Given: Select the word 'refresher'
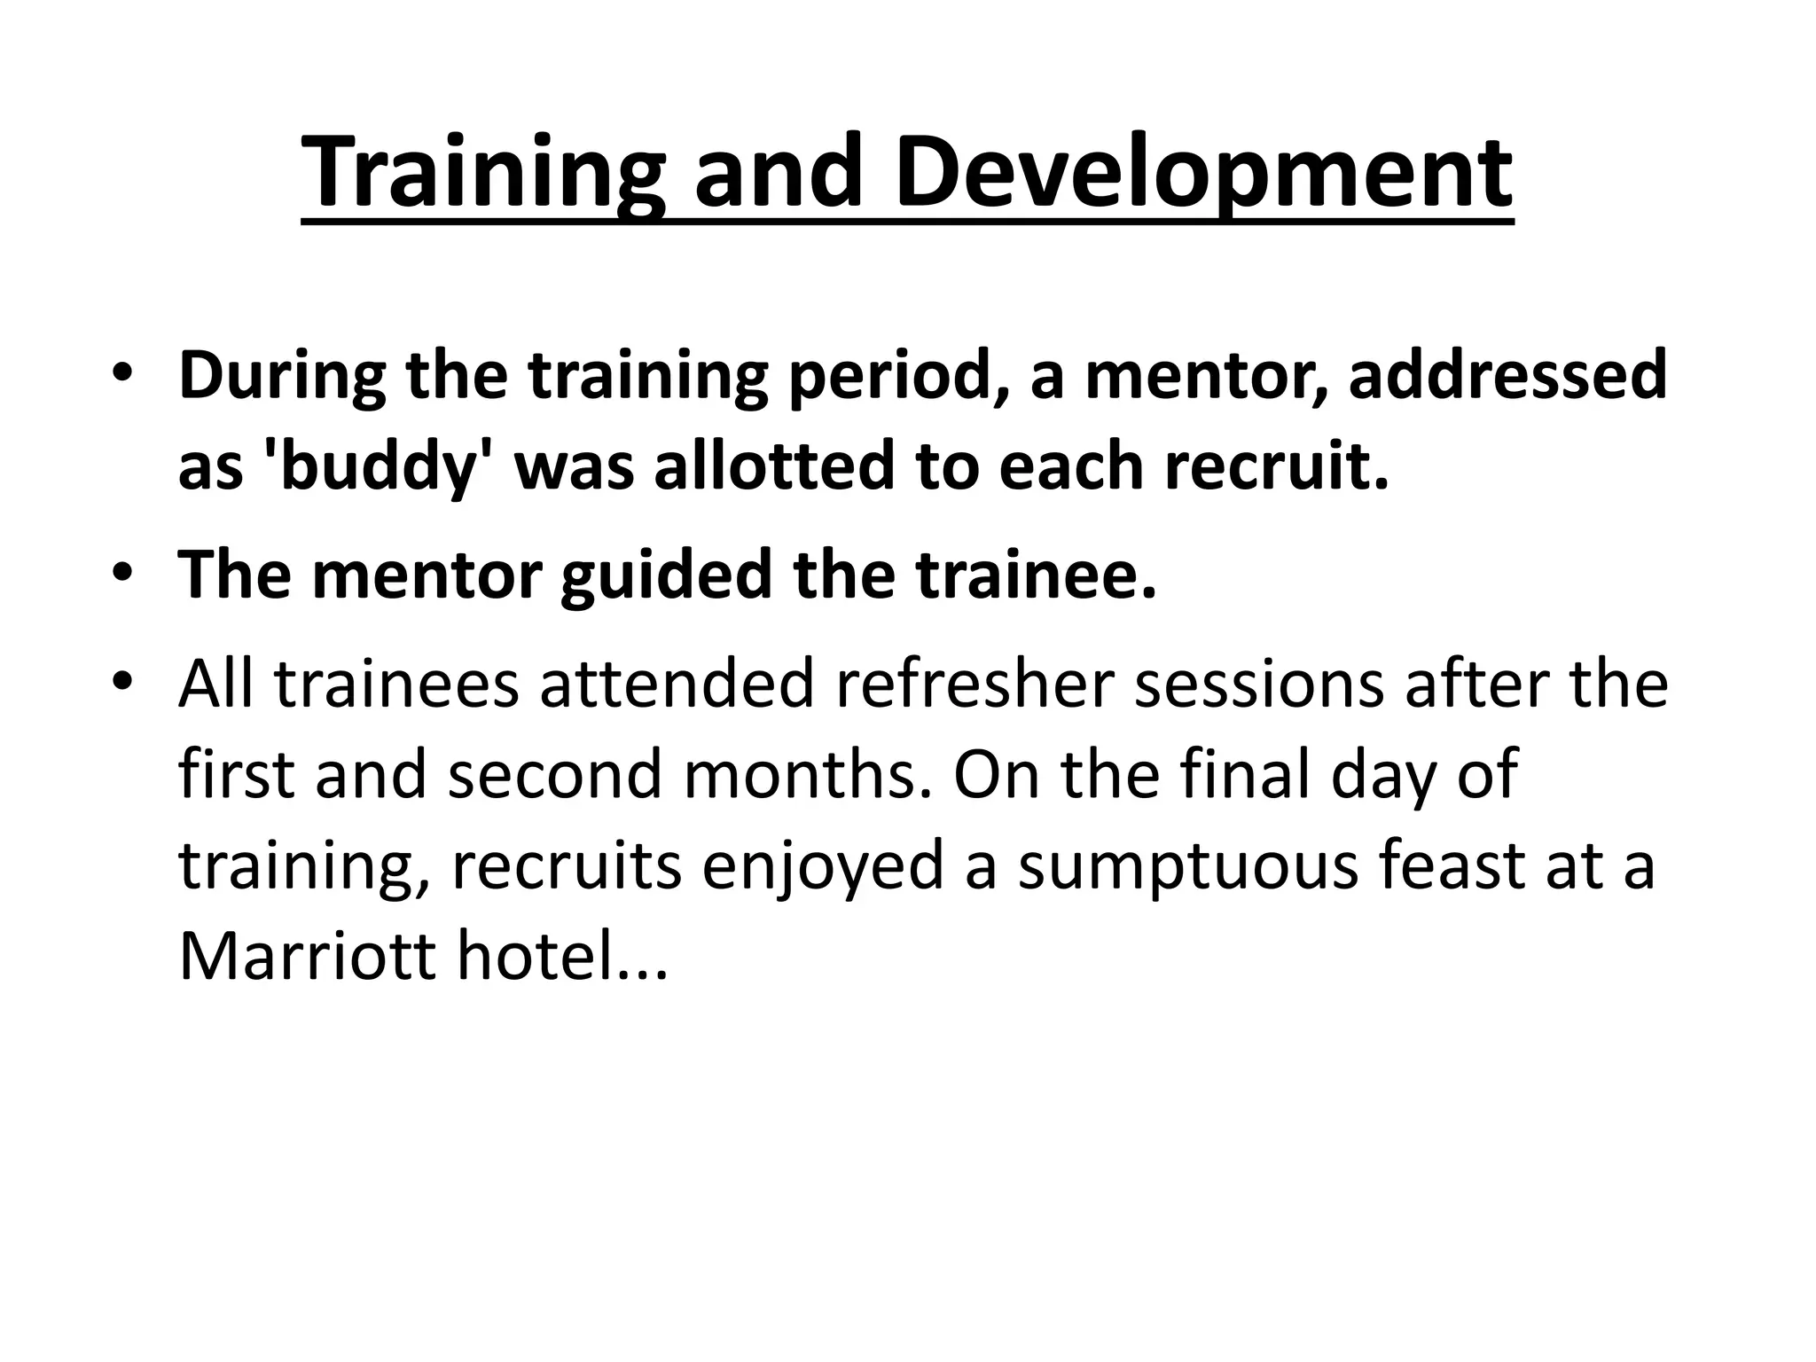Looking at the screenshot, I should tap(974, 684).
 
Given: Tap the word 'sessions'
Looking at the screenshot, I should tap(1259, 684).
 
